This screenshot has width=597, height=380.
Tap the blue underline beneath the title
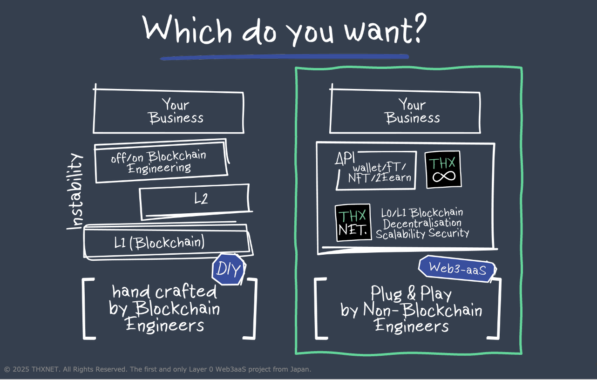click(x=284, y=57)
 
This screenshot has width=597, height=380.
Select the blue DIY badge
click(x=228, y=269)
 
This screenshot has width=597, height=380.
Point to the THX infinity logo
click(x=443, y=170)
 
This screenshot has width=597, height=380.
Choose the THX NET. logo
click(x=353, y=223)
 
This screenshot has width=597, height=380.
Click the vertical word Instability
click(x=75, y=191)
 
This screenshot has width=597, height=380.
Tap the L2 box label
click(x=201, y=199)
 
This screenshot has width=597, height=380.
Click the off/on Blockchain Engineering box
click(x=159, y=162)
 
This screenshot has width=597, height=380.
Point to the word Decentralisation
click(x=422, y=223)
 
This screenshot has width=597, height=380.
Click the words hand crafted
click(x=164, y=292)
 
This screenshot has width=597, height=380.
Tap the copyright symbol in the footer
click(x=7, y=369)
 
